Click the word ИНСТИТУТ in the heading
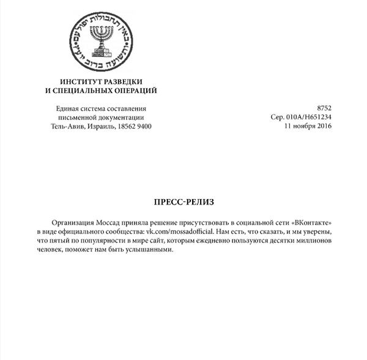pyautogui.click(x=81, y=82)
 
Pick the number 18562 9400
pyautogui.click(x=135, y=127)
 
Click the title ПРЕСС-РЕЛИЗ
pyautogui.click(x=183, y=201)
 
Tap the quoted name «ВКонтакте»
pyautogui.click(x=312, y=222)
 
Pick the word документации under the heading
pyautogui.click(x=120, y=118)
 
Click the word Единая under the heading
pyautogui.click(x=69, y=108)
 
